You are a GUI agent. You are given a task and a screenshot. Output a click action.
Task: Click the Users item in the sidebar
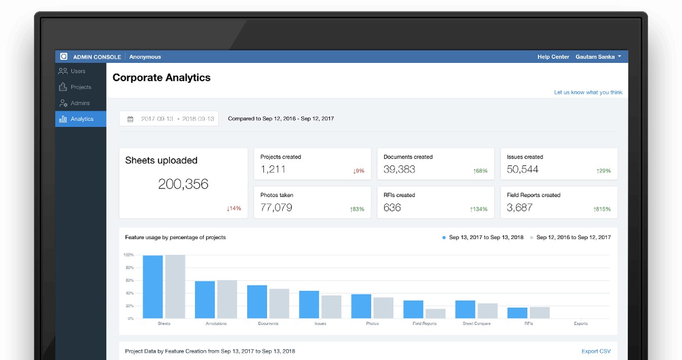click(x=72, y=71)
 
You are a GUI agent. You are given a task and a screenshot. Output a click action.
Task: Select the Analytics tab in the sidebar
click(x=81, y=119)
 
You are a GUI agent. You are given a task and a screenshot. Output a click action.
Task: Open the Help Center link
click(x=553, y=57)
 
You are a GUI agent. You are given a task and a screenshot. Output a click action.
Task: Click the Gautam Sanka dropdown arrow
click(x=620, y=56)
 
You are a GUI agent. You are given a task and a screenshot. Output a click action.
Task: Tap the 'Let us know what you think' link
click(x=588, y=92)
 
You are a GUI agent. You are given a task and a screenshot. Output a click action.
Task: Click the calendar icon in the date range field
click(x=130, y=119)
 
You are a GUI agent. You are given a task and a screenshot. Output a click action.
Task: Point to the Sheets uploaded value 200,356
click(x=183, y=184)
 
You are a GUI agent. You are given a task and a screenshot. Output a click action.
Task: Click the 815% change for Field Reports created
click(x=602, y=209)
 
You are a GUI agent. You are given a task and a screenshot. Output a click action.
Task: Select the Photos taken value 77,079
click(x=276, y=207)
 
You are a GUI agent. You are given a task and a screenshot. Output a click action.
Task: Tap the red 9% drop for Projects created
click(x=358, y=171)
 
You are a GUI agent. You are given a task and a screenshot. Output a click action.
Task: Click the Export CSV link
click(x=596, y=351)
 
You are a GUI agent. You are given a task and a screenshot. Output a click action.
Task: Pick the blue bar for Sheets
click(x=153, y=287)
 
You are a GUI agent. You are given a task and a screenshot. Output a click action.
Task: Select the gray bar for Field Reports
click(x=435, y=314)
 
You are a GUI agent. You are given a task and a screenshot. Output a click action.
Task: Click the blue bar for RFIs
click(x=517, y=313)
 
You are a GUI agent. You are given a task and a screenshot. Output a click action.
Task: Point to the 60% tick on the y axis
click(x=129, y=280)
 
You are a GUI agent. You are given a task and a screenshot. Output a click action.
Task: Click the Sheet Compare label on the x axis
click(x=476, y=323)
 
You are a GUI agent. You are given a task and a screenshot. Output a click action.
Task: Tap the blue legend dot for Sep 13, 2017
click(x=444, y=238)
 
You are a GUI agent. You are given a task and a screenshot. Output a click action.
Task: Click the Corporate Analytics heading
click(x=161, y=78)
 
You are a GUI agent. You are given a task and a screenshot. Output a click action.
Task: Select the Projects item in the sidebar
click(x=75, y=87)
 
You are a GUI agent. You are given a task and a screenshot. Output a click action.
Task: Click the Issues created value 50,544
click(x=522, y=169)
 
